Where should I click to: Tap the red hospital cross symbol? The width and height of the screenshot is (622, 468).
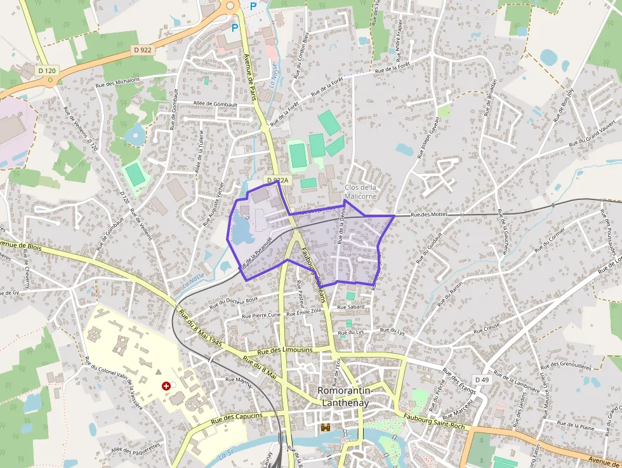click(166, 385)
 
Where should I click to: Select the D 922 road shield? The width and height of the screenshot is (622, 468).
click(143, 50)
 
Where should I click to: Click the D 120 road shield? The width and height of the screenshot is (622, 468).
click(46, 70)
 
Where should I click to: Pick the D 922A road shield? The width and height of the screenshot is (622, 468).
click(277, 181)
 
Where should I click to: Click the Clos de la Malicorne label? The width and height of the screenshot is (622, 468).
click(360, 192)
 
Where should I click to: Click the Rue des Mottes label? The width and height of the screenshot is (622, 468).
click(429, 215)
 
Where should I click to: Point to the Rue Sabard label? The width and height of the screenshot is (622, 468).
click(350, 307)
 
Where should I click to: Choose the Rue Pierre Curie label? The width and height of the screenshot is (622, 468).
click(261, 315)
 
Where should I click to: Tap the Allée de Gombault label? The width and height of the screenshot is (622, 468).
click(215, 104)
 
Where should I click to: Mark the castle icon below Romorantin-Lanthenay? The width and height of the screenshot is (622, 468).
click(326, 427)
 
